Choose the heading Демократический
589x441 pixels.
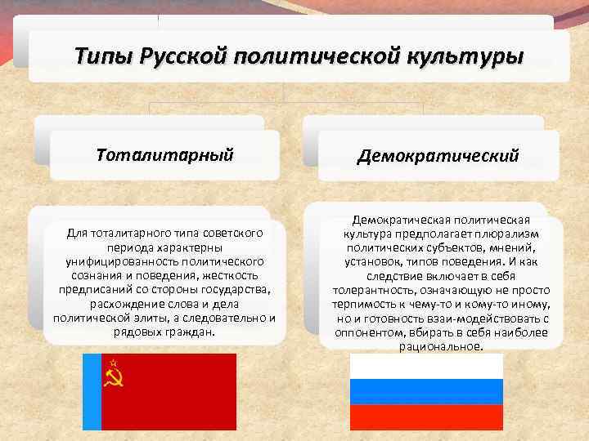[x=437, y=155]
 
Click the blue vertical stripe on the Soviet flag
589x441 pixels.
[x=92, y=391]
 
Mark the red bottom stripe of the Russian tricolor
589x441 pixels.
[x=426, y=416]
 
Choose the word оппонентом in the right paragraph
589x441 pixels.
[x=366, y=332]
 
